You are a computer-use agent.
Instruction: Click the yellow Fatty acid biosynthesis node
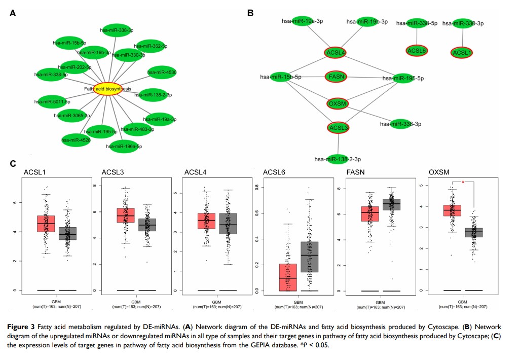[x=108, y=89]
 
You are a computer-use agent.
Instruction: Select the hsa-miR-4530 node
[x=162, y=73]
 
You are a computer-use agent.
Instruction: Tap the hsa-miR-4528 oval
[x=76, y=139]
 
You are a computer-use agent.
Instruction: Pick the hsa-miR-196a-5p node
[x=124, y=146]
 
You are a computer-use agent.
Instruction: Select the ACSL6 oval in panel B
[x=417, y=50]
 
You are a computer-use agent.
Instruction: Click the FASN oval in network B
[x=337, y=77]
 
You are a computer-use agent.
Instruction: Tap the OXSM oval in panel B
[x=337, y=103]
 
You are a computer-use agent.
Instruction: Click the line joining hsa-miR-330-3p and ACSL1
[x=462, y=37]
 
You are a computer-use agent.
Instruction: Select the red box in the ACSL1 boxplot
[x=46, y=224]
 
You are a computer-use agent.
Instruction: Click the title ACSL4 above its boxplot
[x=195, y=173]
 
